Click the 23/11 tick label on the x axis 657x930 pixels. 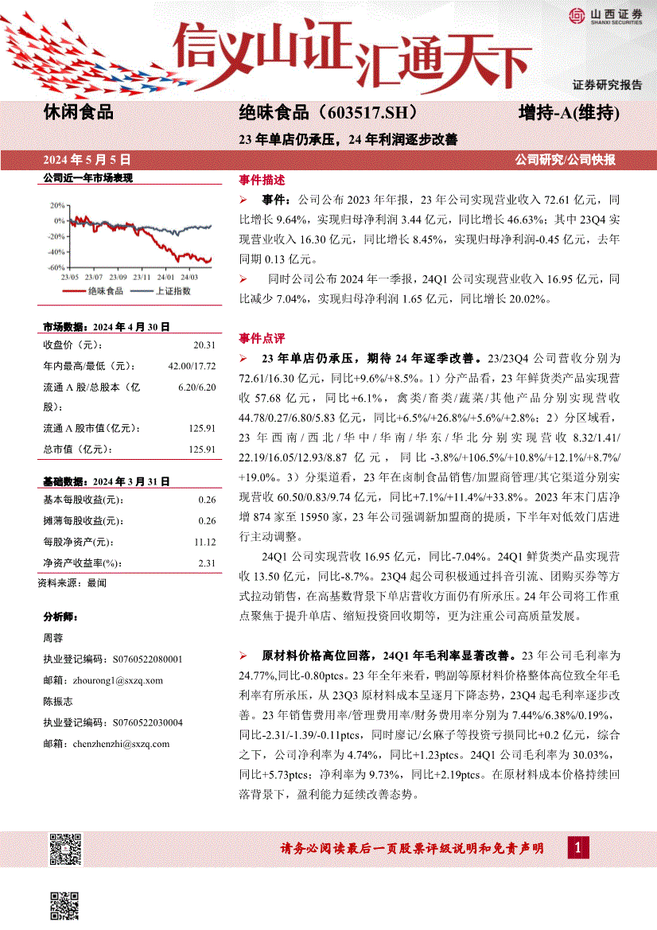click(x=142, y=278)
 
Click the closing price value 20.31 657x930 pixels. click(x=204, y=345)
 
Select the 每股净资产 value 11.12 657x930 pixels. click(x=204, y=542)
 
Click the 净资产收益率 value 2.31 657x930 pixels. click(x=207, y=562)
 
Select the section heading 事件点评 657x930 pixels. click(x=262, y=337)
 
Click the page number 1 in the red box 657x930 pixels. click(x=578, y=848)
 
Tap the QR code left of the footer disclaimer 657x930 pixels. click(x=65, y=850)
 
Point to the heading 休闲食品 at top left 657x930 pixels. click(x=78, y=113)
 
